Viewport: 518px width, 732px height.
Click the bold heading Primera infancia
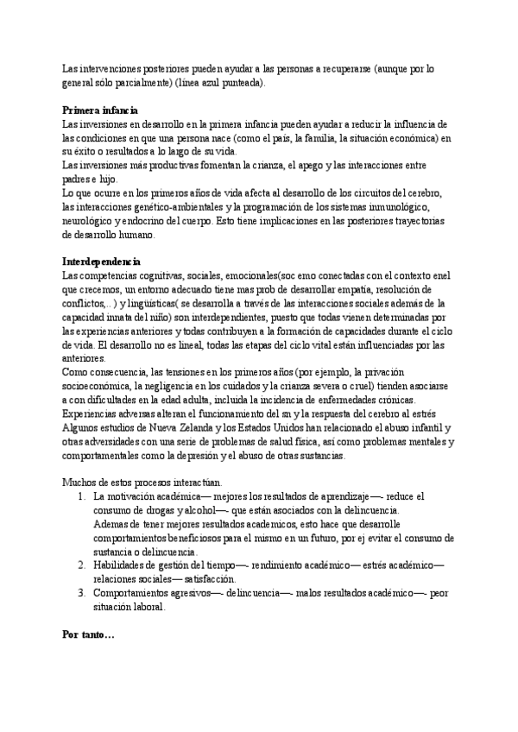99,110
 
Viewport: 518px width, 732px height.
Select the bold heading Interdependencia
103,261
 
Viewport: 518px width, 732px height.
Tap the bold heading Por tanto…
89,634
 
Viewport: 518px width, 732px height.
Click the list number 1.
80,497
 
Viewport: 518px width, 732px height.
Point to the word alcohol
205,511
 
